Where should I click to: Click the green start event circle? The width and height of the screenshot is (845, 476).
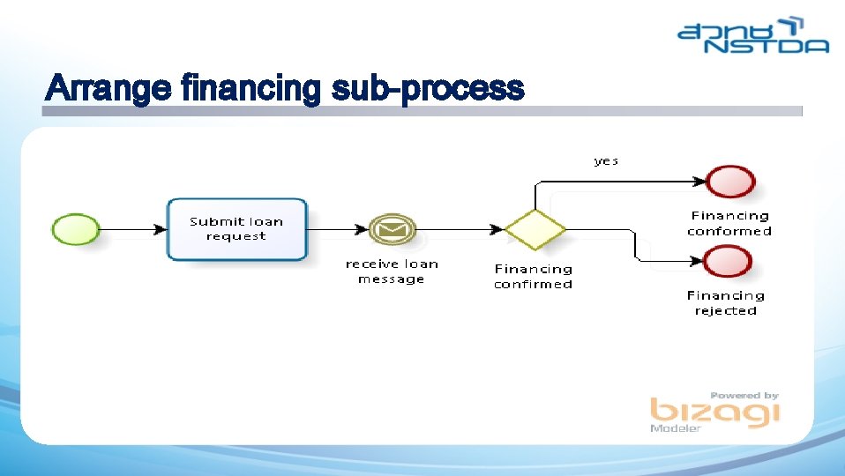click(x=75, y=230)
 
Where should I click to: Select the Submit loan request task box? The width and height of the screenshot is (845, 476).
click(x=236, y=229)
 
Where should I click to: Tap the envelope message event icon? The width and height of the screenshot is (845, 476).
click(x=392, y=230)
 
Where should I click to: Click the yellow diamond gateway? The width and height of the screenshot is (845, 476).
click(x=535, y=230)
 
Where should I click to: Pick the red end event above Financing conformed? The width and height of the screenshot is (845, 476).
click(x=731, y=182)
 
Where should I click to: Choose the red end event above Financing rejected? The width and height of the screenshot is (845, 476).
click(x=729, y=262)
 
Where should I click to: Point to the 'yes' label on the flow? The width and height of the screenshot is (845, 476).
click(x=606, y=160)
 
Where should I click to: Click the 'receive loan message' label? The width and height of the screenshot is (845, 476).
click(x=391, y=271)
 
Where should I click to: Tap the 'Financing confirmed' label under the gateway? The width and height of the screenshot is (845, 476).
click(x=533, y=277)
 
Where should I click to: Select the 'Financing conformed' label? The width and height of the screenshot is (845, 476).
click(x=729, y=223)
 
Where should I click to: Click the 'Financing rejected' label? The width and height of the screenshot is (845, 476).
click(x=726, y=303)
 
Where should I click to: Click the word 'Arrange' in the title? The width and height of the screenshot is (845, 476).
click(x=108, y=88)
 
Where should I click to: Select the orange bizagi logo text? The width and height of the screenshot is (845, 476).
click(x=714, y=412)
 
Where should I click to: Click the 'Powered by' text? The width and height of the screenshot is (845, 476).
click(x=744, y=396)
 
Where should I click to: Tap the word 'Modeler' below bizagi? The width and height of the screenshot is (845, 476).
click(x=676, y=428)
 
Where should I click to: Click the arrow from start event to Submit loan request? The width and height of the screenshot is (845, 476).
click(x=132, y=230)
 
